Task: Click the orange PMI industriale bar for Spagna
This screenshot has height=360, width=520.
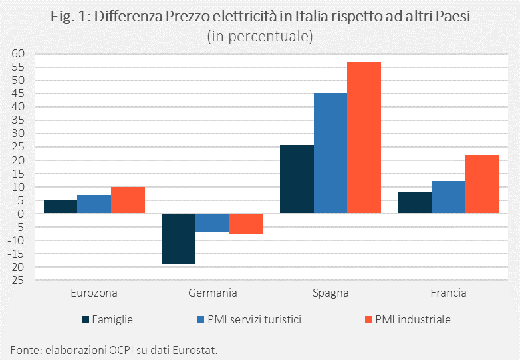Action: tap(364, 138)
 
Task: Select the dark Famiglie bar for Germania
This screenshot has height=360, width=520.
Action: tap(179, 239)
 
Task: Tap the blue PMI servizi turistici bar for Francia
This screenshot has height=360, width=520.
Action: tap(449, 197)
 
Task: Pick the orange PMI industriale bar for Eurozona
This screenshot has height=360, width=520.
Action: tap(128, 200)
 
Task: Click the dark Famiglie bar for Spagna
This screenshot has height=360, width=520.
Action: tap(297, 179)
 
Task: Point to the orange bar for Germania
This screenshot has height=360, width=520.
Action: tap(246, 224)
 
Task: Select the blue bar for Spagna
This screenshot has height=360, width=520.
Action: tap(330, 153)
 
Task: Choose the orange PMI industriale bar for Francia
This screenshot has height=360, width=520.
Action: tap(483, 184)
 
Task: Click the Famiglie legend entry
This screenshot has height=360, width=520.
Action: tap(108, 319)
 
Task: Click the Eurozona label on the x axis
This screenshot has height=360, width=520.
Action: tap(94, 293)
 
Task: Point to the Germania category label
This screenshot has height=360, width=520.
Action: tap(212, 293)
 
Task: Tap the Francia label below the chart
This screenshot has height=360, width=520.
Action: tap(449, 293)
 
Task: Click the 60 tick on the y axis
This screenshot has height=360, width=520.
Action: tap(18, 54)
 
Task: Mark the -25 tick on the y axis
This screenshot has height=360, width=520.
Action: tap(16, 280)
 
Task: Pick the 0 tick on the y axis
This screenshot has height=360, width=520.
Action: tap(21, 214)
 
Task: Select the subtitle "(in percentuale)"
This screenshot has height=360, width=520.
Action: tap(260, 36)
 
